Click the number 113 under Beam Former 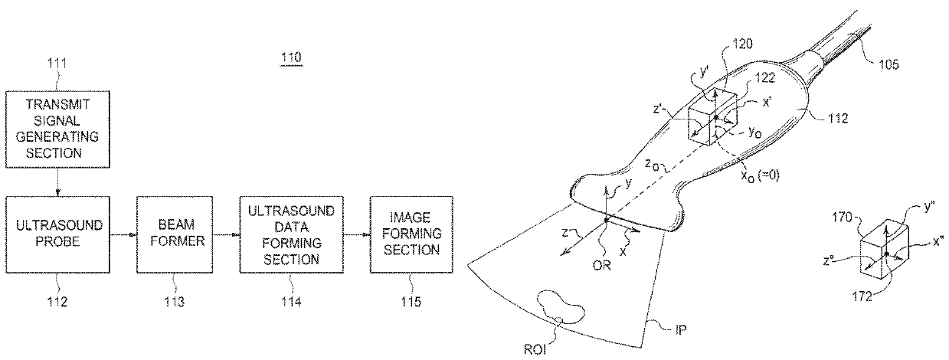[174, 301]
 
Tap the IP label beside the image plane [679, 331]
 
